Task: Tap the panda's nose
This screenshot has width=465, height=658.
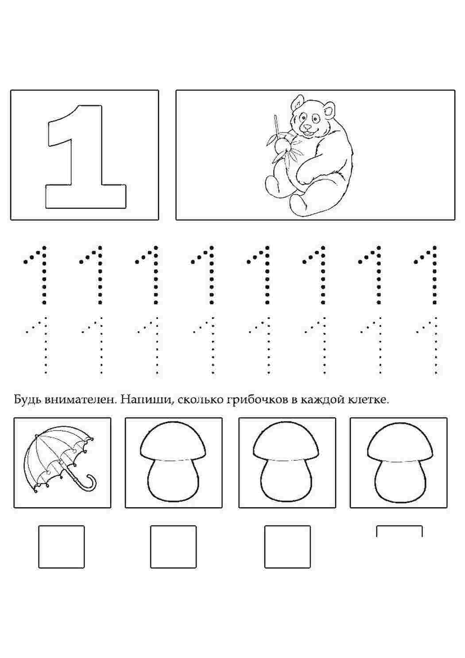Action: (x=307, y=126)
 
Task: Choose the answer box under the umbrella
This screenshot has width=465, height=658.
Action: (x=62, y=546)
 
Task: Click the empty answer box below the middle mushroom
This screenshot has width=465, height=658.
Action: (x=287, y=546)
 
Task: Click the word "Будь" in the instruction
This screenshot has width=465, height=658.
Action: (x=28, y=400)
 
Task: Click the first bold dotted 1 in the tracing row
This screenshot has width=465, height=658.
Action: (x=39, y=275)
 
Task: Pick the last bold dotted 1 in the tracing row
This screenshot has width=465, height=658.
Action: (x=430, y=275)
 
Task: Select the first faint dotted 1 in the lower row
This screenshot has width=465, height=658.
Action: (x=40, y=346)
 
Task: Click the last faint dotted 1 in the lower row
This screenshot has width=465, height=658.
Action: (x=431, y=346)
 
